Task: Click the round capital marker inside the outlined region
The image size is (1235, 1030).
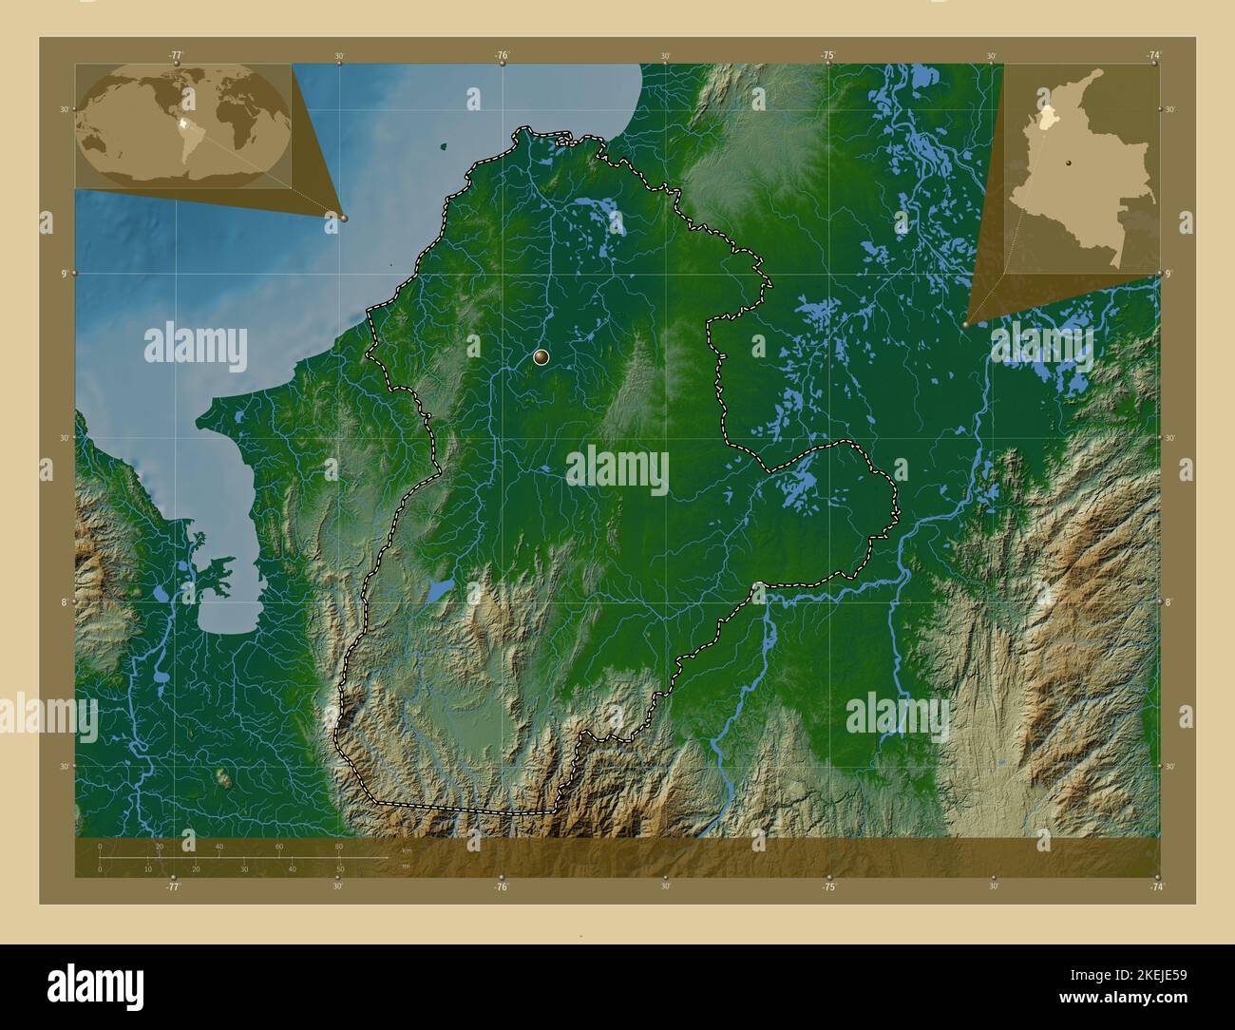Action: [x=541, y=357]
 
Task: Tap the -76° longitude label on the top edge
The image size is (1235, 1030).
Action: [x=502, y=55]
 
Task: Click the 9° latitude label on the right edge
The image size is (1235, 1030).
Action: [x=1168, y=274]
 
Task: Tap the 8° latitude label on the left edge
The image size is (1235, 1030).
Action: [x=65, y=602]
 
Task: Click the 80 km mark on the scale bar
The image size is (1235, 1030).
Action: [x=338, y=847]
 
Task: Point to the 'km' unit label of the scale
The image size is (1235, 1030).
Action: [x=407, y=849]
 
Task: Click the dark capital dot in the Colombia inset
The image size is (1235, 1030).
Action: [x=1068, y=163]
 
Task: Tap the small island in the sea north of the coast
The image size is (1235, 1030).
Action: [x=444, y=146]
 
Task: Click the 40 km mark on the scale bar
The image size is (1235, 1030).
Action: [x=219, y=847]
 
